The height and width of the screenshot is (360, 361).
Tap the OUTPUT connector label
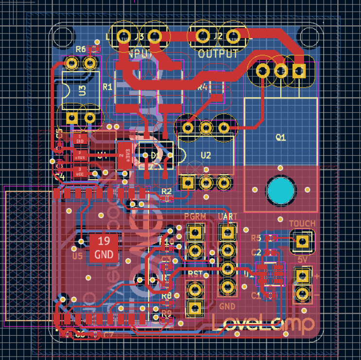219,54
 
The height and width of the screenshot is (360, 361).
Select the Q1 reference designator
280,138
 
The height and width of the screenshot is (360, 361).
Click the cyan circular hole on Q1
281,190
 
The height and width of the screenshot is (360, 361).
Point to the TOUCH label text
302,224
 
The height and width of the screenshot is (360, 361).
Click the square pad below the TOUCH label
302,240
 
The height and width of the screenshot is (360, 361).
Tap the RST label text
195,274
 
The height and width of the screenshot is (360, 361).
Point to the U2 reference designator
206,155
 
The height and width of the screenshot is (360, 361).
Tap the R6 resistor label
81,49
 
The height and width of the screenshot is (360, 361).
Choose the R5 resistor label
256,238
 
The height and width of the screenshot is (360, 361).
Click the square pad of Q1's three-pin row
298,71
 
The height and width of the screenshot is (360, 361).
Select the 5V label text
303,260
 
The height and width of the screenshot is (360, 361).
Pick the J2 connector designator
218,36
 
